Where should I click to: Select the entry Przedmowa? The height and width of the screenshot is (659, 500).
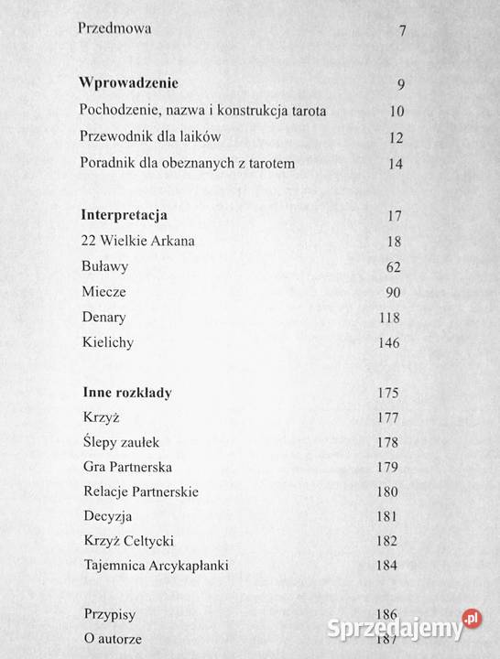click(114, 28)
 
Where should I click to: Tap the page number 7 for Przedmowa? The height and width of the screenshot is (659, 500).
click(403, 31)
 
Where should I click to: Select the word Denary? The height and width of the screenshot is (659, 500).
click(103, 318)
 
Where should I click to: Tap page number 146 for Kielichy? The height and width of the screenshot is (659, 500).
click(390, 344)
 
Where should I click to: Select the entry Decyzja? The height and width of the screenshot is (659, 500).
click(107, 516)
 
